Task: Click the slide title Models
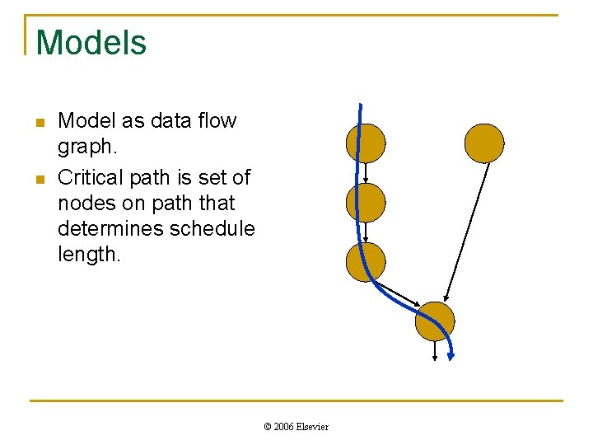[x=91, y=43]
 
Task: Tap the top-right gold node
[x=484, y=143]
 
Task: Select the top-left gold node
[x=366, y=143]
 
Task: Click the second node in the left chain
[x=366, y=203]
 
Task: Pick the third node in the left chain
[x=366, y=262]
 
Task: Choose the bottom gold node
[x=435, y=321]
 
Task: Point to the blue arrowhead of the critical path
[x=451, y=355]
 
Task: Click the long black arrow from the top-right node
[x=466, y=232]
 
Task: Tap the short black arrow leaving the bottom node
[x=435, y=352]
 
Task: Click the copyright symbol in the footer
[x=267, y=426]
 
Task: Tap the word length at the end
[x=88, y=255]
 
